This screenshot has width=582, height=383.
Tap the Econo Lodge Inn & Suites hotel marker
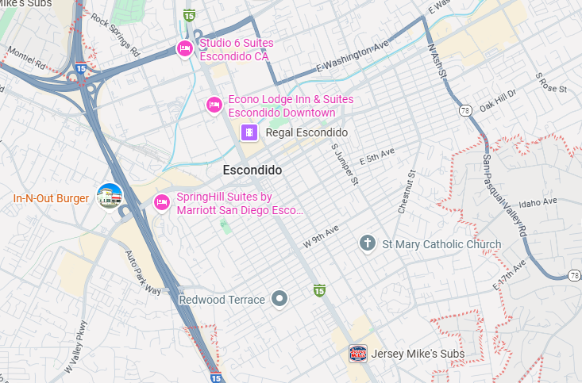[x=214, y=105]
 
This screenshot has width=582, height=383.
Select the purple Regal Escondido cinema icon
[x=250, y=132]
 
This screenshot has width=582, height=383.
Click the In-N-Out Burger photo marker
[x=109, y=197]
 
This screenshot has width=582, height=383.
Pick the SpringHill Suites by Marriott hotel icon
[x=162, y=203]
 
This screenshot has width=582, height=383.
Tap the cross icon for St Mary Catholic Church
[x=367, y=243]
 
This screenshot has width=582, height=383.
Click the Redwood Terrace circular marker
[x=279, y=299]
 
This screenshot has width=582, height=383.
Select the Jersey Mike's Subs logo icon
[x=358, y=353]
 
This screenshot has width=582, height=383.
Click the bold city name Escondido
[x=252, y=170]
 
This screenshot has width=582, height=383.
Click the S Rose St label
[x=550, y=82]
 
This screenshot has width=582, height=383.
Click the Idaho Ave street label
[x=539, y=203]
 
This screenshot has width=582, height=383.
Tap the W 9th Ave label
[x=321, y=236]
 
